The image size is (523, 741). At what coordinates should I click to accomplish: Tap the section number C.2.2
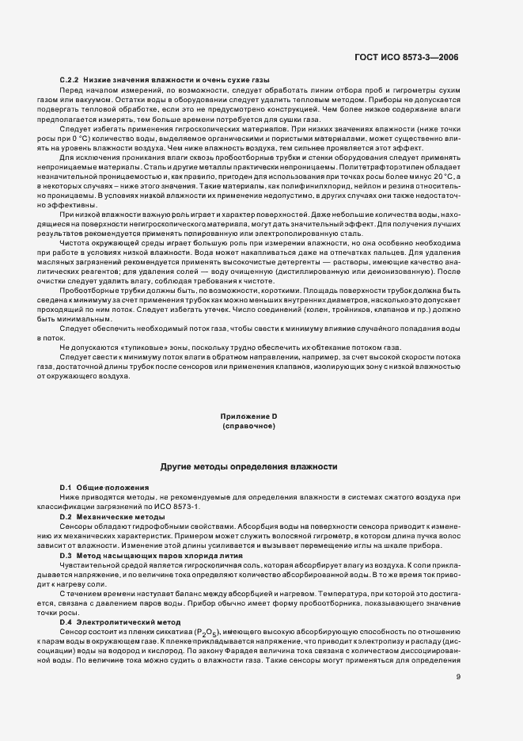click(x=72, y=81)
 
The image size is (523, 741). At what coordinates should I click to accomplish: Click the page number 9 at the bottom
click(x=458, y=675)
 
